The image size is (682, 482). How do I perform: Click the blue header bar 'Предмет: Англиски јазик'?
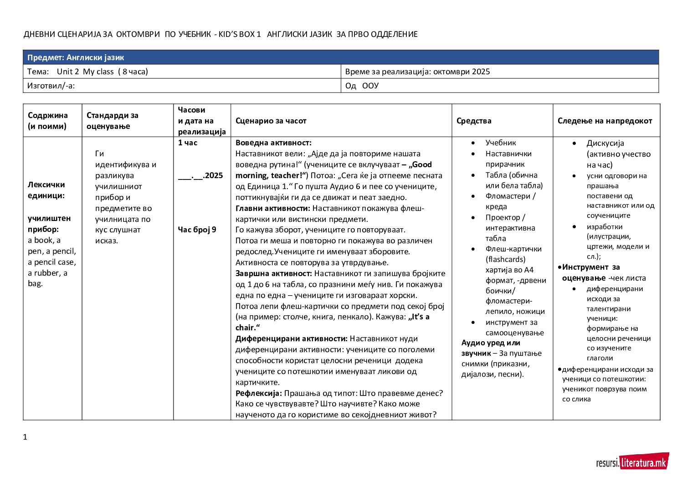pyautogui.click(x=341, y=57)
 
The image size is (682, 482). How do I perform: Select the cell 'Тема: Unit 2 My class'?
pyautogui.click(x=182, y=72)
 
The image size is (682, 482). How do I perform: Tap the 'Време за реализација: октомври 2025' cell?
pyautogui.click(x=500, y=72)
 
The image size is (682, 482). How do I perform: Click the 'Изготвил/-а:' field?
pyautogui.click(x=182, y=86)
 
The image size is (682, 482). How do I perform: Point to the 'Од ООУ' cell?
pyautogui.click(x=500, y=86)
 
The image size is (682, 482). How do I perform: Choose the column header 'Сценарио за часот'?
pyautogui.click(x=271, y=121)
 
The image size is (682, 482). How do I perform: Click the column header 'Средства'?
pyautogui.click(x=474, y=121)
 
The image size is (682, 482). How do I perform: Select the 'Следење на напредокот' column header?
pyautogui.click(x=605, y=121)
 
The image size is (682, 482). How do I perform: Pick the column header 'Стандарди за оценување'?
pyautogui.click(x=113, y=121)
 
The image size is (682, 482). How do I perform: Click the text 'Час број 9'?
pyautogui.click(x=197, y=230)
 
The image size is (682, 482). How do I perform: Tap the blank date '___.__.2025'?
pyautogui.click(x=200, y=175)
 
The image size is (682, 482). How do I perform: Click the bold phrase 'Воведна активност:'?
pyautogui.click(x=273, y=143)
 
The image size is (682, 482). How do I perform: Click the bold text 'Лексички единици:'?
pyautogui.click(x=46, y=190)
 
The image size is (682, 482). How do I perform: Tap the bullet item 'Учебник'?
pyautogui.click(x=500, y=143)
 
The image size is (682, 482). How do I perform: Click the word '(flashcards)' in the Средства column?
pyautogui.click(x=505, y=259)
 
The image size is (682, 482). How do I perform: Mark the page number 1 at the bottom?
pyautogui.click(x=25, y=437)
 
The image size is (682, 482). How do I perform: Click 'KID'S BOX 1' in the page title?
pyautogui.click(x=240, y=34)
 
